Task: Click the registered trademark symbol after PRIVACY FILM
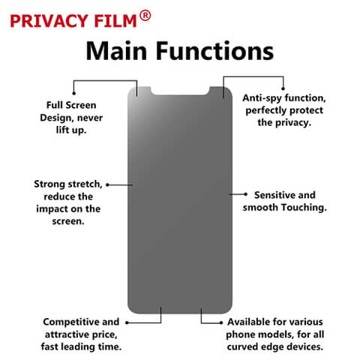point(145,16)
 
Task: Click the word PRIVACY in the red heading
point(49,21)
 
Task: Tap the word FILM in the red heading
point(115,21)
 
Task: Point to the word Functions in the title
point(215,51)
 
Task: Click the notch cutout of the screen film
point(180,91)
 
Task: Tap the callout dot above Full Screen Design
point(73,94)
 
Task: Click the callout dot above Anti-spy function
point(283,88)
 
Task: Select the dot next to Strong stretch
point(107,185)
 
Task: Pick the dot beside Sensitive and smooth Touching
point(245,194)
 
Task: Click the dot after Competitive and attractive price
point(127,322)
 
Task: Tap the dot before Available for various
point(221,322)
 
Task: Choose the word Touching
point(304,208)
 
